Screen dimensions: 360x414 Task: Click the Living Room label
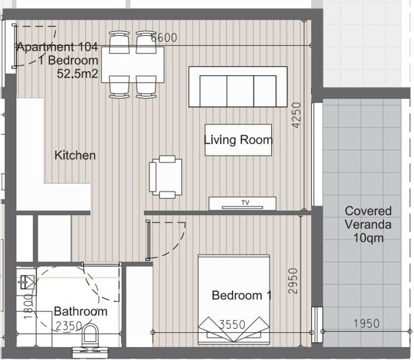coord(238,140)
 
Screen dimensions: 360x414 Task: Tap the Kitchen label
coord(75,155)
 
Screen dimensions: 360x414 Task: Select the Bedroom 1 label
coord(241,296)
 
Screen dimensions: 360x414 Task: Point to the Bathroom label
coord(80,312)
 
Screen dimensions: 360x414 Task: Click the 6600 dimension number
coord(164,38)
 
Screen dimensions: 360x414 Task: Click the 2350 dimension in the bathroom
coord(70,325)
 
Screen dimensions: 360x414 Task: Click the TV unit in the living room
coord(243,203)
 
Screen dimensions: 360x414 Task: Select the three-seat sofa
coord(237,87)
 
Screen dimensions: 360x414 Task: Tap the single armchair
coord(165,176)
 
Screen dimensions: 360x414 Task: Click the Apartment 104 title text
coord(58,47)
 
